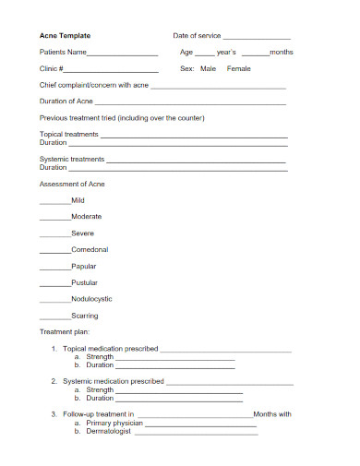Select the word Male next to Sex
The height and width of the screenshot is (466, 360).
[x=209, y=69]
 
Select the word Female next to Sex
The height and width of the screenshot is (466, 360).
[x=239, y=69]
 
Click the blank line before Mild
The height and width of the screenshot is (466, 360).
[x=54, y=202]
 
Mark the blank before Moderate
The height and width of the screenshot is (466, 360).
[x=54, y=219]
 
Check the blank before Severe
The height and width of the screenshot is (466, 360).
[x=54, y=235]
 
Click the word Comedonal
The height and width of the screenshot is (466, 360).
[x=90, y=250]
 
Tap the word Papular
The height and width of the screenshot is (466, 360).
[x=84, y=267]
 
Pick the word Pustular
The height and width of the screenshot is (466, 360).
[x=85, y=282]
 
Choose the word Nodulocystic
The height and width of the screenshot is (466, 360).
[x=91, y=299]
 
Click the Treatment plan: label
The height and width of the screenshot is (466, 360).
[x=64, y=331]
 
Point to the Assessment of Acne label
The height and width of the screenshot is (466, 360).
[x=72, y=185]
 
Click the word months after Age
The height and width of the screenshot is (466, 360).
[x=281, y=53]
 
